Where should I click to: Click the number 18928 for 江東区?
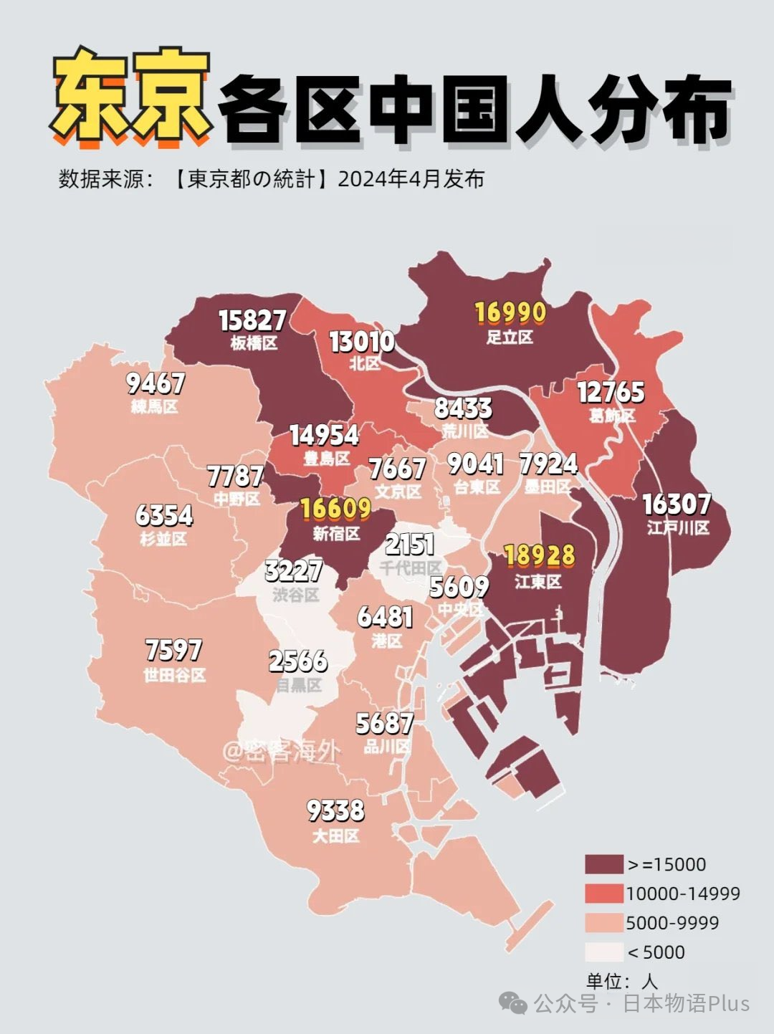pyautogui.click(x=539, y=556)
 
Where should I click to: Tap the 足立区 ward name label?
pyautogui.click(x=510, y=337)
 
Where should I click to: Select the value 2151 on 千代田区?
pyautogui.click(x=410, y=545)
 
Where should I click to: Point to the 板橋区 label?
pyautogui.click(x=254, y=343)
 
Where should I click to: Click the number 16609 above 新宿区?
pyautogui.click(x=335, y=509)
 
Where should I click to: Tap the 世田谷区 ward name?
pyautogui.click(x=174, y=675)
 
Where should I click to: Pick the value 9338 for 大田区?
pyautogui.click(x=335, y=810)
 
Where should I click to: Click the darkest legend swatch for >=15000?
pyautogui.click(x=603, y=864)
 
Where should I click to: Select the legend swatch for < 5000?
pyautogui.click(x=603, y=952)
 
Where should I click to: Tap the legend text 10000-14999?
pyautogui.click(x=682, y=894)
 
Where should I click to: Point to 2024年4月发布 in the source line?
pyautogui.click(x=411, y=178)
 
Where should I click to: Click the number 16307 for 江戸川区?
pyautogui.click(x=677, y=504)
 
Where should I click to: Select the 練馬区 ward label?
pyautogui.click(x=154, y=407)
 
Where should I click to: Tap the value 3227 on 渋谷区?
pyautogui.click(x=294, y=571)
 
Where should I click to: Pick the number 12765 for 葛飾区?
pyautogui.click(x=611, y=393)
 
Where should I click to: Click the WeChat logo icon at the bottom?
pyautogui.click(x=513, y=1003)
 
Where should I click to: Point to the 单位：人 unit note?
pyautogui.click(x=621, y=981)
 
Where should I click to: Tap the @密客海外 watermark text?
pyautogui.click(x=281, y=751)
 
